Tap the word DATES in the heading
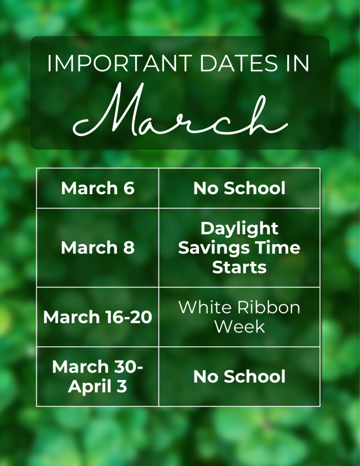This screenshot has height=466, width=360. (x=239, y=63)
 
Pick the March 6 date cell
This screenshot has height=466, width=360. (x=98, y=188)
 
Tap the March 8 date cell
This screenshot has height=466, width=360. (x=98, y=248)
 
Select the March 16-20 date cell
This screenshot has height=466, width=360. (x=98, y=317)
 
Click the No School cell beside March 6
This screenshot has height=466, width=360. (x=239, y=188)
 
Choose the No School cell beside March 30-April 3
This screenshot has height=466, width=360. (x=239, y=376)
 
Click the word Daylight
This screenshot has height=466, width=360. (x=239, y=229)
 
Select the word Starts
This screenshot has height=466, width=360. (x=239, y=267)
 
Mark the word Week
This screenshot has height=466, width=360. (x=239, y=327)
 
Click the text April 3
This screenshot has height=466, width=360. (x=97, y=387)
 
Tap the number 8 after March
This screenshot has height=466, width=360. (x=129, y=248)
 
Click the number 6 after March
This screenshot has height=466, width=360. (x=129, y=188)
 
